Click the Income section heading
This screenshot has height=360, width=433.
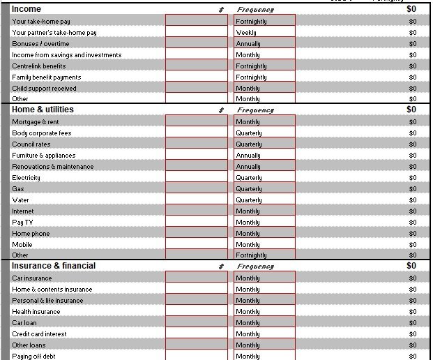coord(26,9)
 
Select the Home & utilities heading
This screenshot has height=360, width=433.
coord(43,110)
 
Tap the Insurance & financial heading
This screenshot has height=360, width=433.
coord(54,266)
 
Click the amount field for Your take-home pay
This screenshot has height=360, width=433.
coord(197,22)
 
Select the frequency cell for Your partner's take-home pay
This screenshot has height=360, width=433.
coord(265,33)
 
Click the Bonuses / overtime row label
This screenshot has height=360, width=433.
coord(40,44)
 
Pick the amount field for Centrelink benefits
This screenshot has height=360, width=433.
coord(197,66)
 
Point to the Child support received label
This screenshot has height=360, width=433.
coord(44,89)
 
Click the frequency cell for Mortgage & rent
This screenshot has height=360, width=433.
coord(265,122)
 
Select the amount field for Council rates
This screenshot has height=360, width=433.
coord(197,144)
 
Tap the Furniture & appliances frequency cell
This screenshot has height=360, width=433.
coord(265,156)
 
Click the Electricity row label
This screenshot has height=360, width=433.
coord(26,178)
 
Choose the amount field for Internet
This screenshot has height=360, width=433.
coord(197,211)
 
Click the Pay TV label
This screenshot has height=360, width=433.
coord(22,223)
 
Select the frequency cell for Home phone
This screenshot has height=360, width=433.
coord(265,234)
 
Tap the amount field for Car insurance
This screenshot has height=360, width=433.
coord(197,278)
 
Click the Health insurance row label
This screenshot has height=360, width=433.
coord(36,312)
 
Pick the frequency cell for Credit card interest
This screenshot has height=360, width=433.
coord(265,334)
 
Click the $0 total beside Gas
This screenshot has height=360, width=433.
coord(413,189)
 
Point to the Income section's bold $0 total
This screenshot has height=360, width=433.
coord(411,9)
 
